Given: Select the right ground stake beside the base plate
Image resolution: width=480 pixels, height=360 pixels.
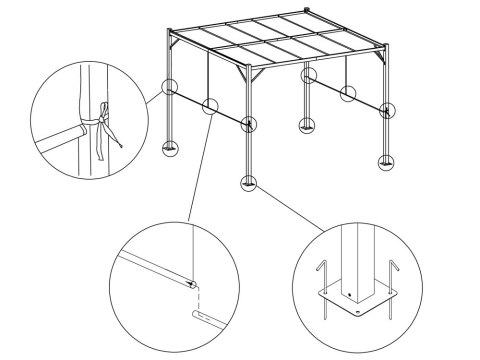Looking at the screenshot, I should coord(388,284).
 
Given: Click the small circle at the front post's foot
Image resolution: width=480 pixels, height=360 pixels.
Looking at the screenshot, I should coord(246,183).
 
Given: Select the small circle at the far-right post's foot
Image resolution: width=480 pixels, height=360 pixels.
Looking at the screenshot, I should coord(386,160).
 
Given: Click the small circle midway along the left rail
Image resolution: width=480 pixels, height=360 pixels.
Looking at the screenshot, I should coord(209,107).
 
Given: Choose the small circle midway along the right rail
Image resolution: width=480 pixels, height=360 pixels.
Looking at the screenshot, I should coord(347,95).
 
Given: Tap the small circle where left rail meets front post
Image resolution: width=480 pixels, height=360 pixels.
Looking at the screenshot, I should coord(248,124).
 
